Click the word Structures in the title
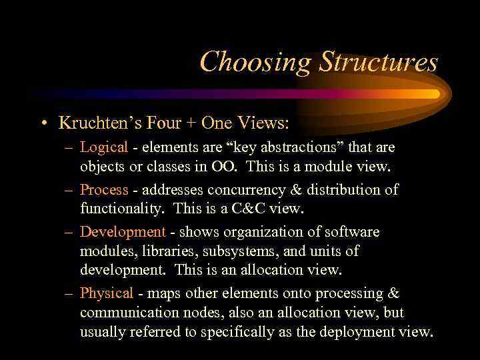coord(378,62)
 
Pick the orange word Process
coord(103,189)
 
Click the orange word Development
coord(122,232)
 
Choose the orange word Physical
coord(106,293)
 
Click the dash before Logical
coord(69,147)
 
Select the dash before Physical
coord(69,293)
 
